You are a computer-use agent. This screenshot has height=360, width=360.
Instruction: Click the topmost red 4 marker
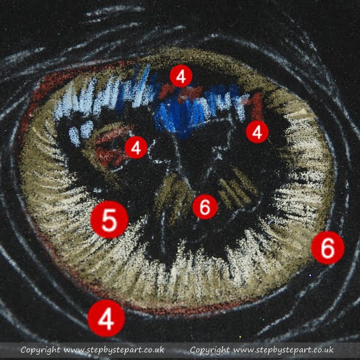point(181,76)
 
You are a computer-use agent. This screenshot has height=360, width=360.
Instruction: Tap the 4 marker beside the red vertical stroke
point(257,132)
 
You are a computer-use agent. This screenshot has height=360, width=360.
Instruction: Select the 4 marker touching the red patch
point(136,148)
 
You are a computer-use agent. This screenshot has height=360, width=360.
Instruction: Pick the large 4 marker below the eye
point(106,318)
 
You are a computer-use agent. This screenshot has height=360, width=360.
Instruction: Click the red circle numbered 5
point(109,220)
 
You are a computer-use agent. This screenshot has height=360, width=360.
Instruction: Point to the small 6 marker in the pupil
point(205,207)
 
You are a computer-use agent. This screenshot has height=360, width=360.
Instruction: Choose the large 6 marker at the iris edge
point(328,248)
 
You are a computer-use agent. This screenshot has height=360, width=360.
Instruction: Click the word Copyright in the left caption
point(40,350)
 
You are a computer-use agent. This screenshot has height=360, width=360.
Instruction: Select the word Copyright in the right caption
point(209,350)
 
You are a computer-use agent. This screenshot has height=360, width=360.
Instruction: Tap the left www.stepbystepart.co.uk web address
point(113,350)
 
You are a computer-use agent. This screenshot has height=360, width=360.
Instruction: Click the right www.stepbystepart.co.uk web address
point(283,350)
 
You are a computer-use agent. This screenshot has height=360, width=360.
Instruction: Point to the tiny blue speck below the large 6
point(310,275)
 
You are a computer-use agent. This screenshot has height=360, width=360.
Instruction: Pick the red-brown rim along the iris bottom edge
point(161,310)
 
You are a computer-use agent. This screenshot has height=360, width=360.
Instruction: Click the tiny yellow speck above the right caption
point(241,337)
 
